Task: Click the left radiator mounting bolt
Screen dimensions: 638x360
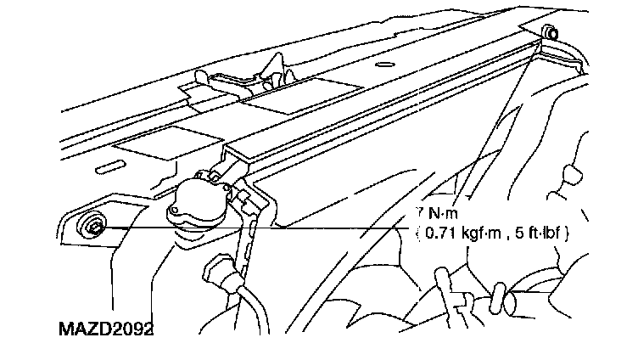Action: point(92,226)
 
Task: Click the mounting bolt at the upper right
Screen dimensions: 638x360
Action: point(550,32)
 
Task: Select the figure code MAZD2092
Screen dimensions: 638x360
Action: point(106,327)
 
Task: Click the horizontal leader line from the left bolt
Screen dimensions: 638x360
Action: point(255,228)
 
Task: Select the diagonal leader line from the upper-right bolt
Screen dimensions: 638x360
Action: point(501,119)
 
